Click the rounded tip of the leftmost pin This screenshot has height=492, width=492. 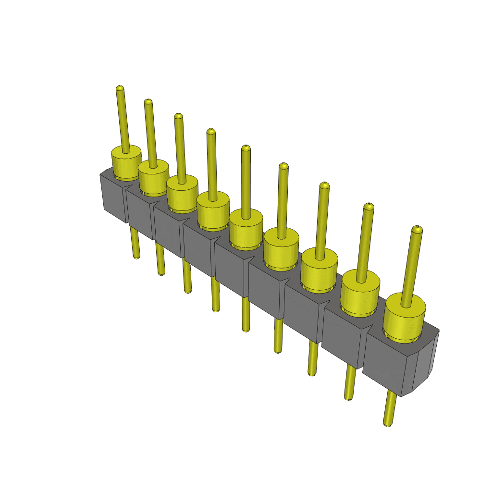coord(120,88)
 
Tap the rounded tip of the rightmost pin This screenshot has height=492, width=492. coord(418,230)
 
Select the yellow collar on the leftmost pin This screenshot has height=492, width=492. coord(126,163)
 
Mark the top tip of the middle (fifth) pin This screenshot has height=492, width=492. coord(246,148)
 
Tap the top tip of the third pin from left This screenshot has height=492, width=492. coord(178,116)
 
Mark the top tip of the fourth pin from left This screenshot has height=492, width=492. coord(210,131)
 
